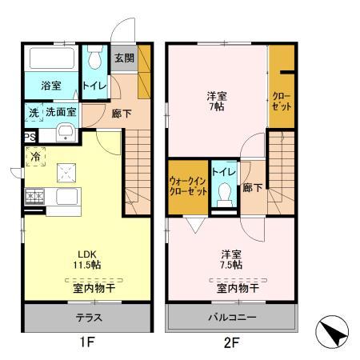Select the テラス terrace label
(x=87, y=316)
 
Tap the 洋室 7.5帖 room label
(x=233, y=261)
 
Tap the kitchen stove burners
(x=35, y=194)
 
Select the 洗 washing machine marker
(x=34, y=113)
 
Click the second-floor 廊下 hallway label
(x=253, y=188)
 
